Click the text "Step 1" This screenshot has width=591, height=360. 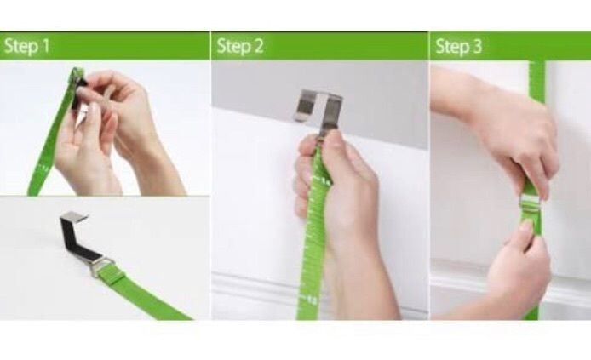[26, 46]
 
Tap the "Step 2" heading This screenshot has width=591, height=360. [239, 46]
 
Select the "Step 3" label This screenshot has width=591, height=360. [458, 46]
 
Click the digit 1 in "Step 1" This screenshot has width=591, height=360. [45, 46]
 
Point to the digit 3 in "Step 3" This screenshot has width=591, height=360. [477, 46]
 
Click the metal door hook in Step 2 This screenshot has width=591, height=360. [319, 109]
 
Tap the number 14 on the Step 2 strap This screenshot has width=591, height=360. [325, 181]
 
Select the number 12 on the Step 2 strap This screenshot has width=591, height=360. [312, 300]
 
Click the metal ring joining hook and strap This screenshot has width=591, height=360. [102, 266]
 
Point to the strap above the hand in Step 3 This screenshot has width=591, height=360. [537, 82]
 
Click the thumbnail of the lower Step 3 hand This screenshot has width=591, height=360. [525, 226]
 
